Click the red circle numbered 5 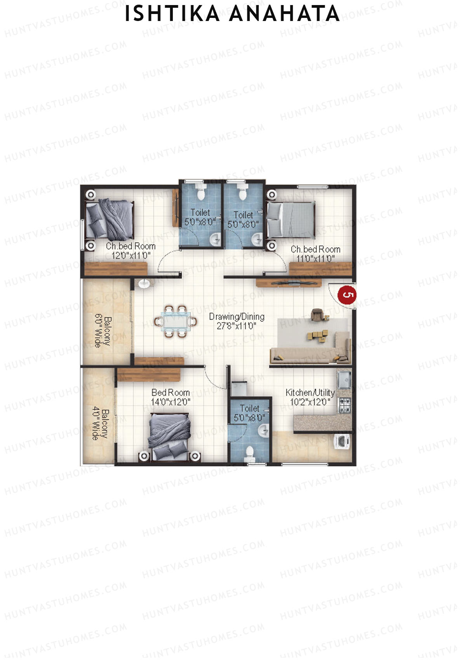click(347, 294)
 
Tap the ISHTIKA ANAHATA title click(232, 14)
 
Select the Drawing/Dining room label click(236, 317)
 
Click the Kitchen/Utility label click(310, 392)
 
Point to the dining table click(175, 322)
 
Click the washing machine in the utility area click(342, 442)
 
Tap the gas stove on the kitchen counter click(344, 405)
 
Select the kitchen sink click(344, 380)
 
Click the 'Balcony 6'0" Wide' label click(103, 332)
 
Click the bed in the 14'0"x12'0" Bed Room click(170, 436)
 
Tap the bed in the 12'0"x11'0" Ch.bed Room click(110, 220)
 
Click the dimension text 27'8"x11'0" click(236, 326)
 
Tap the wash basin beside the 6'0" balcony click(144, 284)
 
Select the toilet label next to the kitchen click(249, 408)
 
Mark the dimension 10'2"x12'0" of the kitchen click(310, 402)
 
